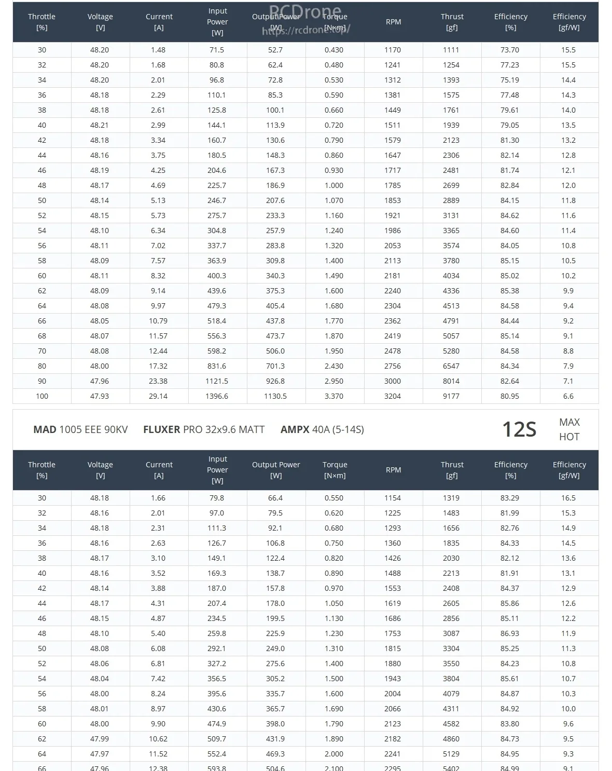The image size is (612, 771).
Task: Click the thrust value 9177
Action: (451, 396)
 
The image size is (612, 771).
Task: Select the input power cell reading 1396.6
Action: (217, 396)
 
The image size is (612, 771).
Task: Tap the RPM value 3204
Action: (393, 396)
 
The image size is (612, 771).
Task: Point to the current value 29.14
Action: (158, 396)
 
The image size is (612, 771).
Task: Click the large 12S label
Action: (519, 429)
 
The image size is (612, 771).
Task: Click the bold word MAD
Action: (45, 429)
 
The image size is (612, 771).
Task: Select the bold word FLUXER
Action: (162, 429)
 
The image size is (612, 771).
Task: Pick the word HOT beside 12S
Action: (569, 437)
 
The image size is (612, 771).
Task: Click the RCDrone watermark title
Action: (305, 10)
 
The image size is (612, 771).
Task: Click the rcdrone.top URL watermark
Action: (306, 30)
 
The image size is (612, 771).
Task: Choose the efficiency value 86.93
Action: (510, 633)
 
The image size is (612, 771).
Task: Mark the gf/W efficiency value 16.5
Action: (568, 498)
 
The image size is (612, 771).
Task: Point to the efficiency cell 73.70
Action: (510, 50)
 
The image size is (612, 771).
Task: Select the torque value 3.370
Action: (334, 396)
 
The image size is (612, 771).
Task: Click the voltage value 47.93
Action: (100, 396)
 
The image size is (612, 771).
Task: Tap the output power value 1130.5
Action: (275, 396)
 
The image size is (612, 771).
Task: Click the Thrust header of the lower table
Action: (452, 470)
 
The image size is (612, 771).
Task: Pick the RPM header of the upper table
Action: (393, 22)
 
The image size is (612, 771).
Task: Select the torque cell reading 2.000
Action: (334, 754)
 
